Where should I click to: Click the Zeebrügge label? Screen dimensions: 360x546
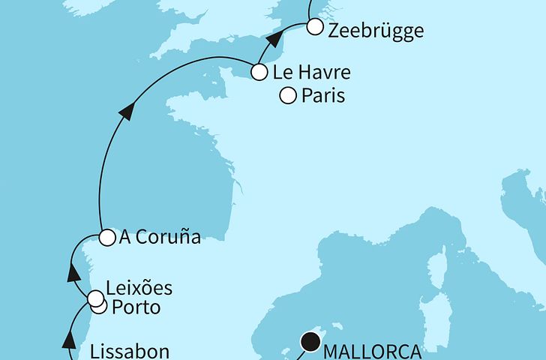(376, 31)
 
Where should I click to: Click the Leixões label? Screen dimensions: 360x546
(140, 288)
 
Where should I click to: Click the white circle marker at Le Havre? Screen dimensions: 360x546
(259, 73)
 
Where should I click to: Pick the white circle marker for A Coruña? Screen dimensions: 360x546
(106, 237)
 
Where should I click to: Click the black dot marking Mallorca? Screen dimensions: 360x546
(310, 343)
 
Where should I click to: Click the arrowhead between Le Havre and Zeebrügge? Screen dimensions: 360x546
(276, 40)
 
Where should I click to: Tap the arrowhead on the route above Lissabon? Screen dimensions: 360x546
(69, 342)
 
